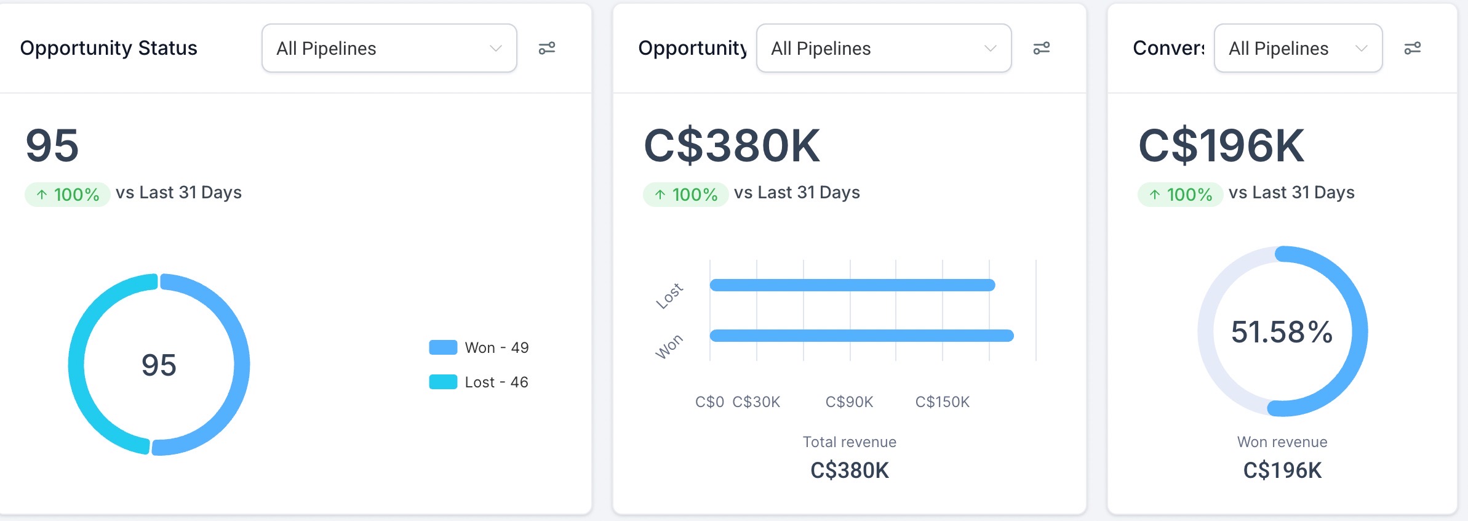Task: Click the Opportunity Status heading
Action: (x=108, y=48)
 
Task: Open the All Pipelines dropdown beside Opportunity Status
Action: (x=389, y=48)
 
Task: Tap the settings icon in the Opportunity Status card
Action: (x=547, y=48)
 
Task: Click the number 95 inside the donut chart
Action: (x=159, y=365)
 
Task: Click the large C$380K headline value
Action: (x=732, y=146)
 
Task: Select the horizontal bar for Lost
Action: (x=852, y=285)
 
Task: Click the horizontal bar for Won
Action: (x=861, y=336)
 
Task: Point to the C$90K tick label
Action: (x=849, y=402)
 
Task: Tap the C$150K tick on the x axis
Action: (x=942, y=402)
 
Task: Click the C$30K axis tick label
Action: (x=756, y=402)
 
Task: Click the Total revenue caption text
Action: (x=849, y=442)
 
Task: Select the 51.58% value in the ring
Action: (x=1282, y=332)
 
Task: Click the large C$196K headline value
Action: (x=1221, y=146)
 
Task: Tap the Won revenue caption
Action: (x=1282, y=442)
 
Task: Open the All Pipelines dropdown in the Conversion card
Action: (x=1298, y=48)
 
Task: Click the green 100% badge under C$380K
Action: (x=685, y=195)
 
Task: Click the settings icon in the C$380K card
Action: (x=1041, y=48)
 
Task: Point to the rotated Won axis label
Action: (x=669, y=347)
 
